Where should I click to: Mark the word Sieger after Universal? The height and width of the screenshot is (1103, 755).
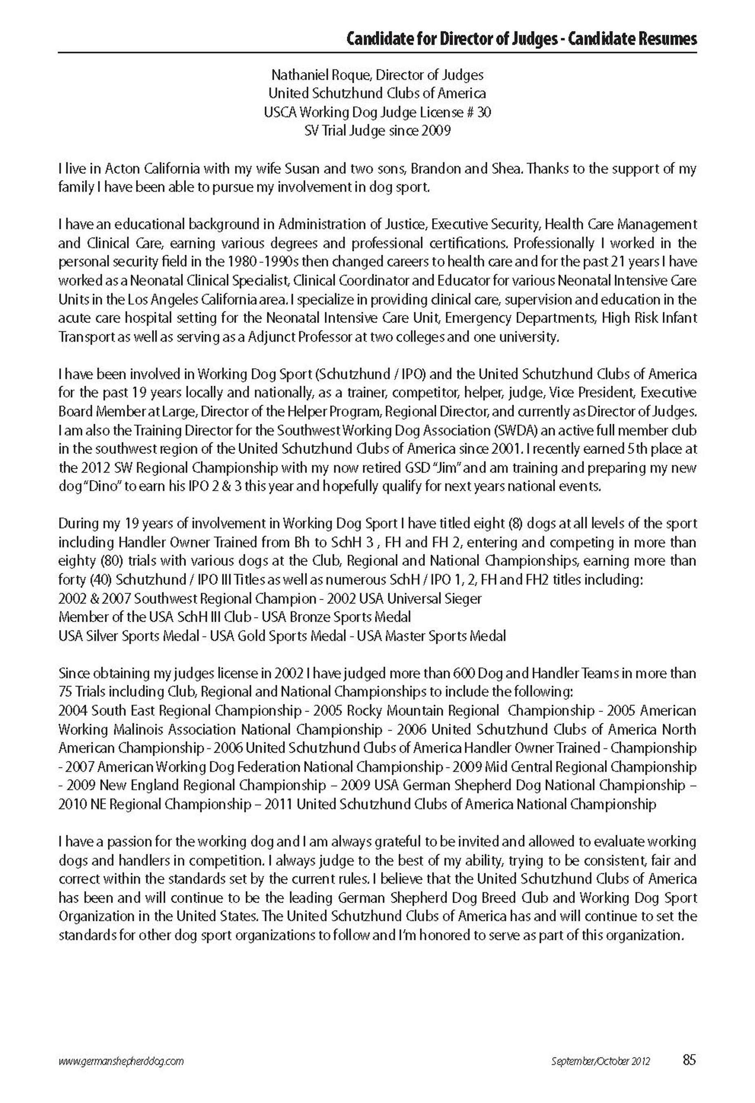[x=463, y=598]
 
